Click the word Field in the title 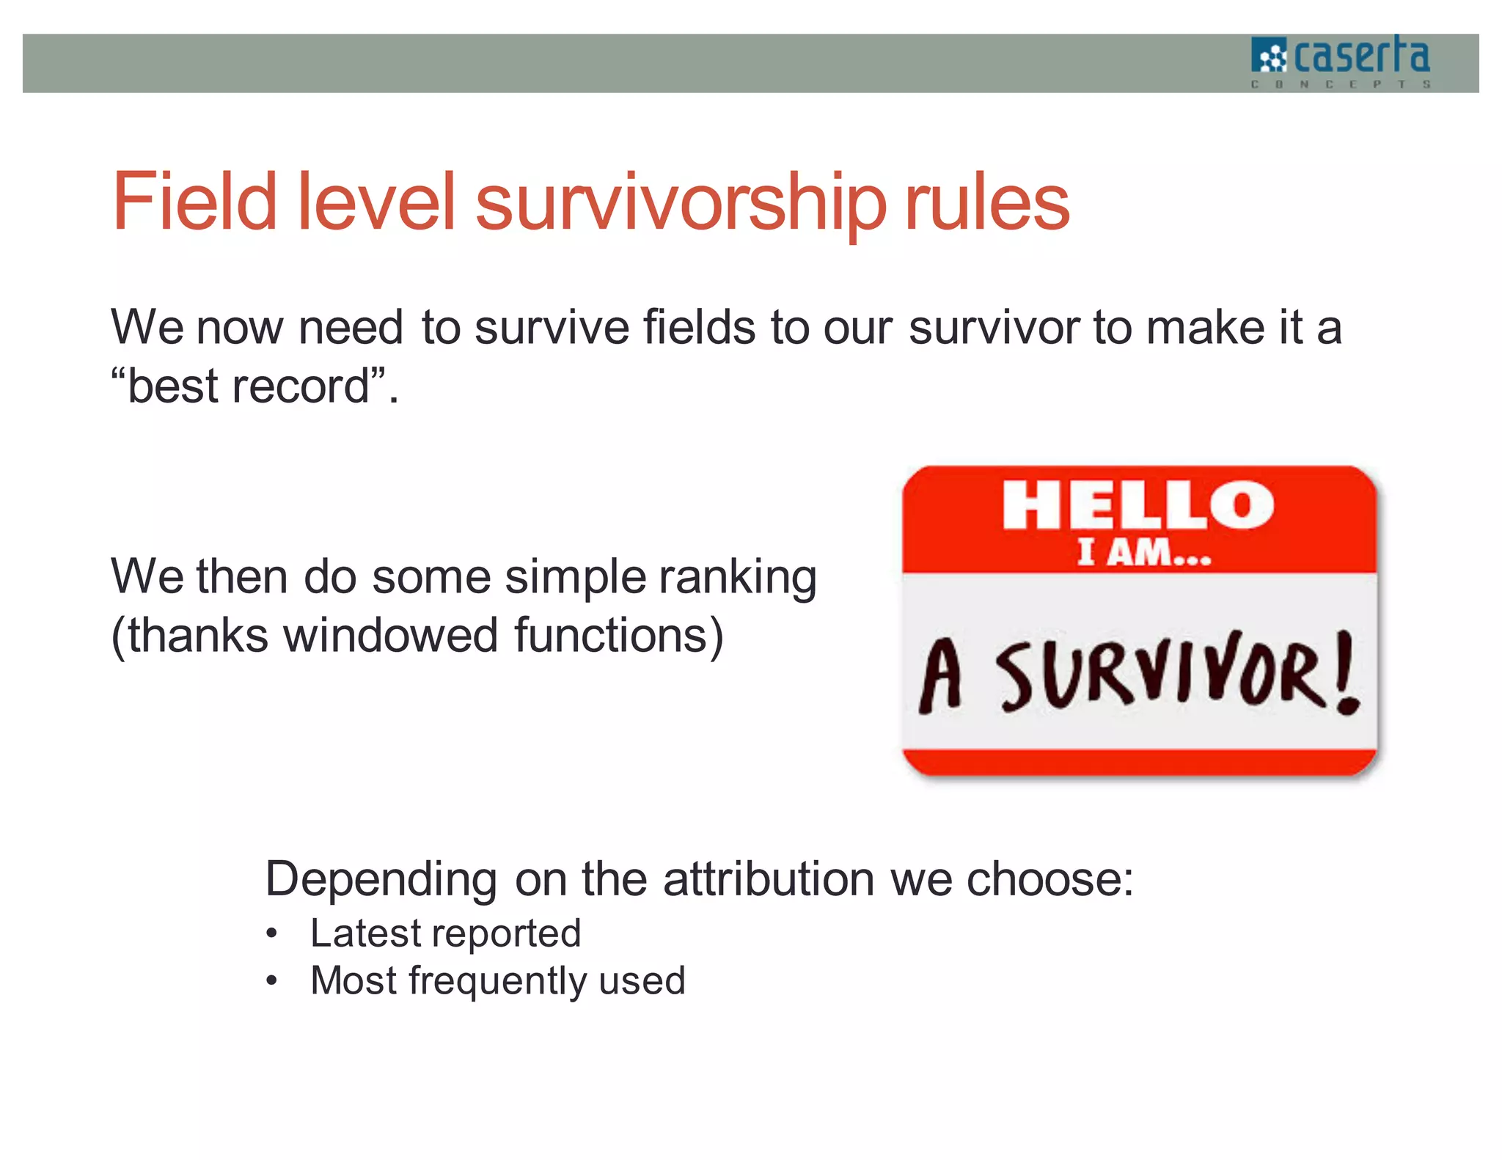(194, 201)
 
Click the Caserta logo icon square (1269, 56)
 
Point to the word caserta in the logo (1361, 56)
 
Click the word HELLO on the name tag (1138, 505)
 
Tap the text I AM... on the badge (1143, 553)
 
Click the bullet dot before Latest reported (272, 934)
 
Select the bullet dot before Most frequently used (272, 981)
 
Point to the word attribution (768, 879)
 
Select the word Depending (381, 879)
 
